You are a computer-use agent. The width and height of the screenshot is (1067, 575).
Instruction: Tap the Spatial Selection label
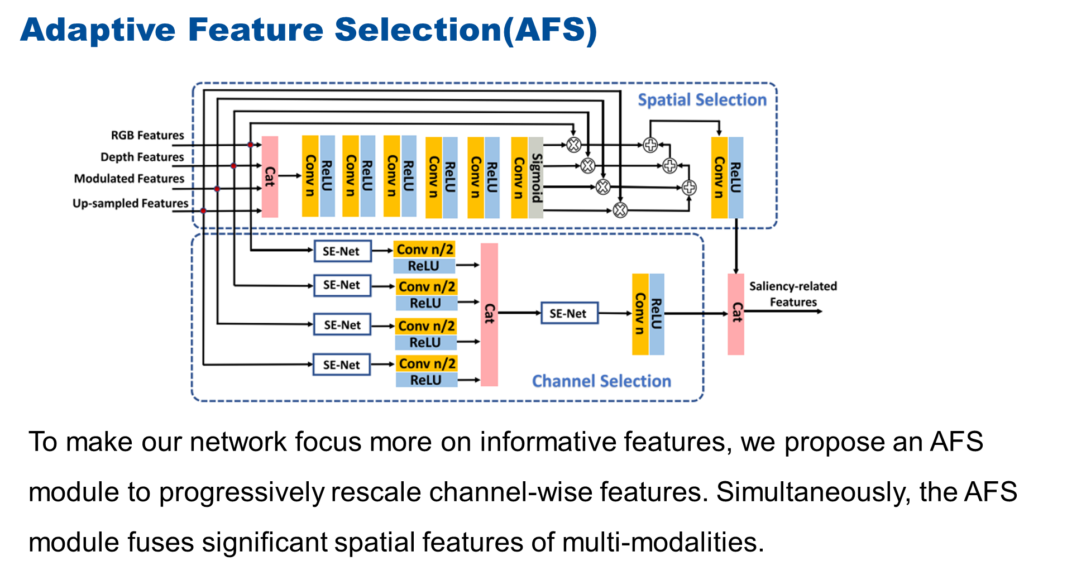pos(702,100)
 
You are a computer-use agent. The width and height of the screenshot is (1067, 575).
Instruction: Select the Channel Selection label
pos(601,381)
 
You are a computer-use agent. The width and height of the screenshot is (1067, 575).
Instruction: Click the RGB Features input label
pos(147,136)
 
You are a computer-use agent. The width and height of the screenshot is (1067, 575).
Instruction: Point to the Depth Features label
pos(142,157)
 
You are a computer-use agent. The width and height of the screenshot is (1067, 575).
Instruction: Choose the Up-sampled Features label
pos(130,204)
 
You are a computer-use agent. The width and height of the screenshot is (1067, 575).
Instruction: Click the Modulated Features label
pos(129,179)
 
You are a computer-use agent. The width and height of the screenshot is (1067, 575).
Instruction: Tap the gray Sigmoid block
pos(536,178)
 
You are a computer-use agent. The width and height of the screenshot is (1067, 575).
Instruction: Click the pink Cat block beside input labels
pos(270,176)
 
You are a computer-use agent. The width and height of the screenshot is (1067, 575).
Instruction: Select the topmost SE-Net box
pos(342,251)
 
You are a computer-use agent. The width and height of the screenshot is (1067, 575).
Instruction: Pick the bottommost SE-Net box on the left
pos(342,365)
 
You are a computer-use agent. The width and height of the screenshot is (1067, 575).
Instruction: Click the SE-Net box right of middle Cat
pos(568,313)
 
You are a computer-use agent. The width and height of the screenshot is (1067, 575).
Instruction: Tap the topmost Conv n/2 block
pos(424,249)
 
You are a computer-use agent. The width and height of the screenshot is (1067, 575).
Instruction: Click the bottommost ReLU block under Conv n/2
pos(426,380)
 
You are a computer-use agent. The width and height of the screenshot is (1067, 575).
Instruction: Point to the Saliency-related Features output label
pos(793,294)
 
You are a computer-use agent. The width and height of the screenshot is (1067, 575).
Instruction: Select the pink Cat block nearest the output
pos(736,314)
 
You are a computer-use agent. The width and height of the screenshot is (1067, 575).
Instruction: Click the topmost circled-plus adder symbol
pos(650,145)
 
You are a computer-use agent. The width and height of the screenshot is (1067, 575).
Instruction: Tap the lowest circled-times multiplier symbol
pos(620,210)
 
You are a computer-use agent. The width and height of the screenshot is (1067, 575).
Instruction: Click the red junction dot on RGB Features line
pos(251,145)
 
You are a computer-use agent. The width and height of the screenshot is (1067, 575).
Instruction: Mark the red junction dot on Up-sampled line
pos(203,210)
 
